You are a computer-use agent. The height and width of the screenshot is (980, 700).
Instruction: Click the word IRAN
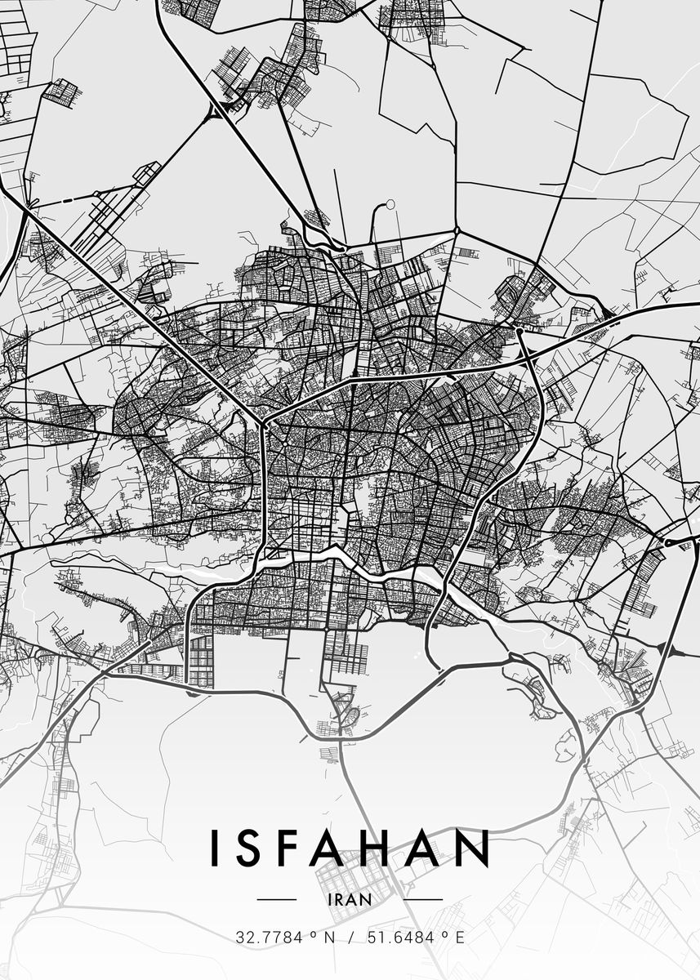(x=349, y=898)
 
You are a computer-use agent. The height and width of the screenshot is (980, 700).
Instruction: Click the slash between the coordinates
(x=350, y=938)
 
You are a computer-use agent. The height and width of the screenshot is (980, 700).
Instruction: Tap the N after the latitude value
(x=329, y=938)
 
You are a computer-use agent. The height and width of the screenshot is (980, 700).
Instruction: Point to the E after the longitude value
(x=459, y=938)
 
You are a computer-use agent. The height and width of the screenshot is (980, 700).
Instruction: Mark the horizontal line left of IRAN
(x=277, y=899)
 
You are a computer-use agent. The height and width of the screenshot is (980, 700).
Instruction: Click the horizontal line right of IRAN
(x=422, y=899)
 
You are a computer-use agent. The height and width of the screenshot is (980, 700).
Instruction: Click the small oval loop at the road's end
(x=390, y=204)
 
